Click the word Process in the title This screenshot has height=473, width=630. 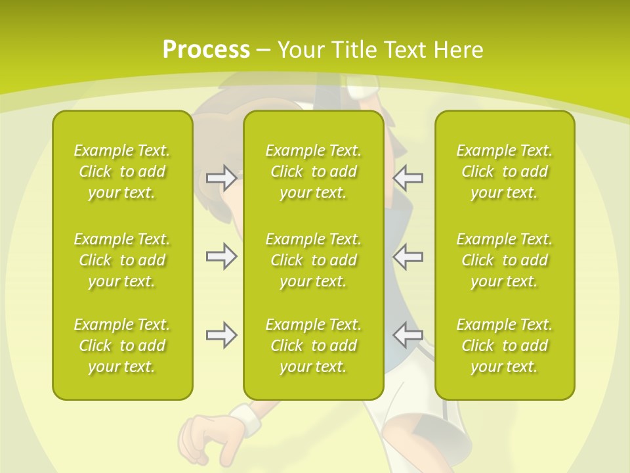click(x=206, y=50)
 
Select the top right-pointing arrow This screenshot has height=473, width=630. click(x=221, y=177)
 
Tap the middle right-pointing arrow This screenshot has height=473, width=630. click(x=221, y=256)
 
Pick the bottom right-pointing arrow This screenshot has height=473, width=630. click(x=221, y=335)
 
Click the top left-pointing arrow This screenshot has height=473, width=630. click(x=408, y=177)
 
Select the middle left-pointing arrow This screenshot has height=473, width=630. click(x=408, y=256)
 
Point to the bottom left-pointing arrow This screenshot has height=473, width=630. click(x=408, y=335)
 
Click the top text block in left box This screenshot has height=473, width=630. click(x=122, y=171)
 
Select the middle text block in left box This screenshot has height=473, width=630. click(x=122, y=260)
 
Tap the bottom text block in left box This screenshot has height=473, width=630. click(x=122, y=346)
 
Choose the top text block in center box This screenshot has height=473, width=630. click(x=314, y=171)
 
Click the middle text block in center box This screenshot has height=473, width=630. click(x=314, y=260)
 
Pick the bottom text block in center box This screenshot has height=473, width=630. click(x=314, y=346)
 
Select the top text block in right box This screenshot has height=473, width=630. click(x=505, y=171)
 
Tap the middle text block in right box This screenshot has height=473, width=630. click(x=505, y=260)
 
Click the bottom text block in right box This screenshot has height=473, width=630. click(x=505, y=346)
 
